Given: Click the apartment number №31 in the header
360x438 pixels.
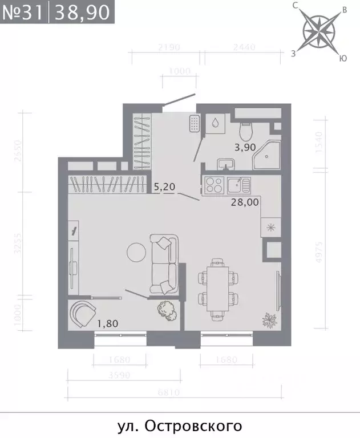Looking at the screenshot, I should coord(23,11).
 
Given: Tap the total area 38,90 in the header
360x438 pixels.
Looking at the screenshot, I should coord(81,11).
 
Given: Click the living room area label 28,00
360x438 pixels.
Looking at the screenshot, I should coord(244,201).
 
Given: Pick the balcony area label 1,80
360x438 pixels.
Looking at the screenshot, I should coord(107,324).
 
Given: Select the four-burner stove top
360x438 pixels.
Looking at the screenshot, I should coord(213,185).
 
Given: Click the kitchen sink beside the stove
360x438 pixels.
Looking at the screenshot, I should coord(236,185).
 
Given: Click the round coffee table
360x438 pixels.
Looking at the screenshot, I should coord(136,252).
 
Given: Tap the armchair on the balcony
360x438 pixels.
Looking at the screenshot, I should coord(82,314).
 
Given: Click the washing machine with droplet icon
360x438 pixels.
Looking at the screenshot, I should coord(215,123).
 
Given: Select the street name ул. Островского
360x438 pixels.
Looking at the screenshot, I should coord(180,425).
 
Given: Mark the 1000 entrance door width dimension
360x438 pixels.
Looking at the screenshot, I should coord(179,71).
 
